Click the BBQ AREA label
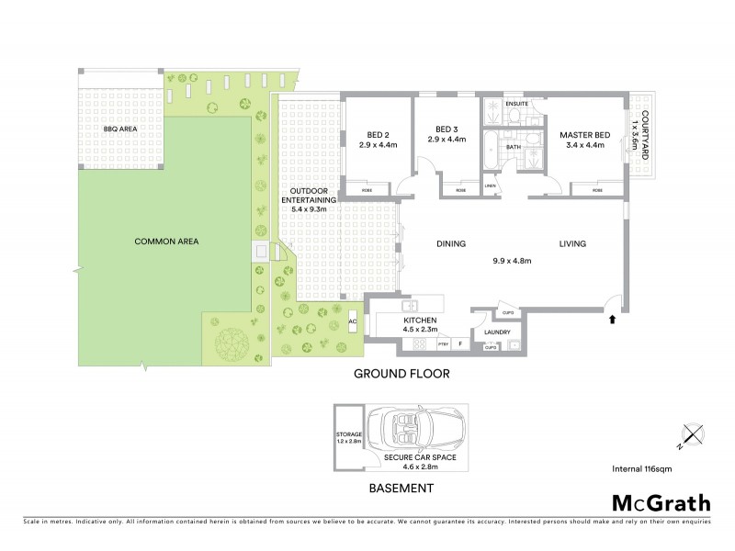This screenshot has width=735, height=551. pos(120,129)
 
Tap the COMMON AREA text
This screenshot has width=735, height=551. pos(167,242)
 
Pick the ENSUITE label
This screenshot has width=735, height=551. pos(517,104)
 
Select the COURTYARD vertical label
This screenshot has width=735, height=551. pos(645,135)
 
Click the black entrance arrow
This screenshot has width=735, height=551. pos(613,320)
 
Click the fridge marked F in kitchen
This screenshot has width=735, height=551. pos(459,343)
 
